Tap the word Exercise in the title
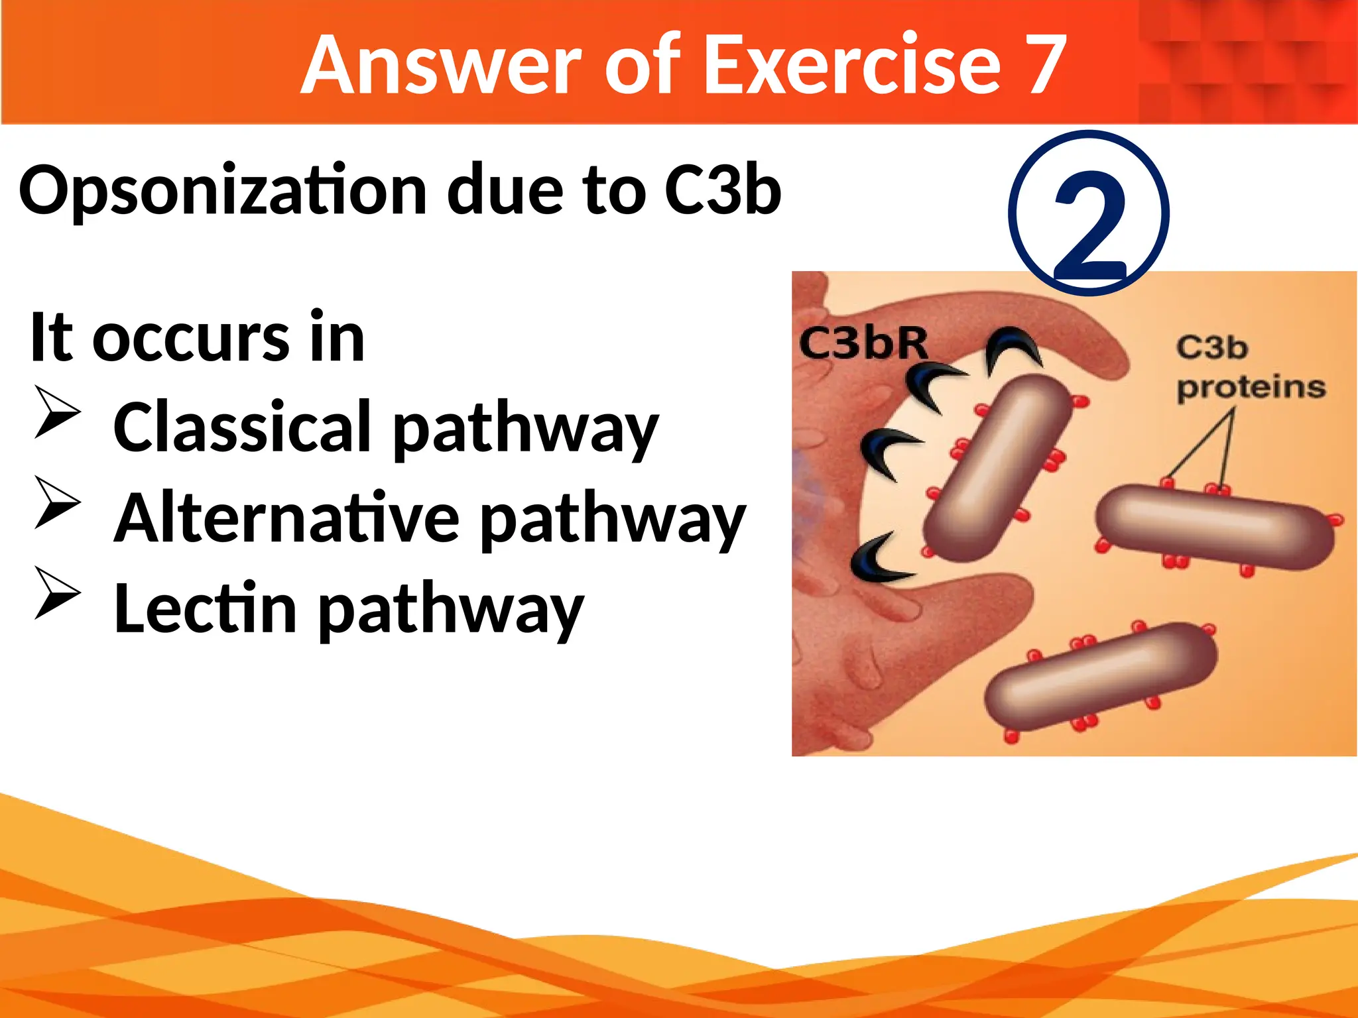tap(851, 65)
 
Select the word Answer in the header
tap(440, 65)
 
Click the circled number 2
tap(1089, 213)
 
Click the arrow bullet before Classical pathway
tap(58, 412)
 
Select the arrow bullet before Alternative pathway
tap(58, 502)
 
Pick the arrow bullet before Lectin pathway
tap(58, 593)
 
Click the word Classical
tap(242, 427)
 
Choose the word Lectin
tap(205, 608)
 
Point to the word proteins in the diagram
tap(1251, 388)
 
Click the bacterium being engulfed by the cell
tap(997, 467)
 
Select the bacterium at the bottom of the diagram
tap(1101, 676)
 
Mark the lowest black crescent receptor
tap(879, 561)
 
